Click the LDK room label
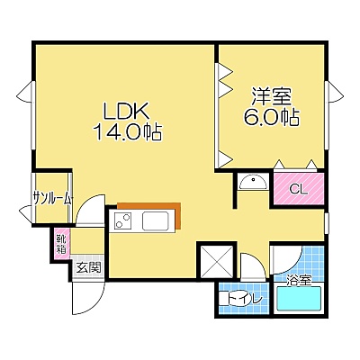(x=126, y=111)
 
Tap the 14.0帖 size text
(x=128, y=132)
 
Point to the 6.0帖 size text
(x=272, y=117)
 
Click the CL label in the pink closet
(x=299, y=189)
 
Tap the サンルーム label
(x=52, y=198)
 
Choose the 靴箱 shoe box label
(x=61, y=243)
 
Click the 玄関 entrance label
(x=87, y=267)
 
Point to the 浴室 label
(x=298, y=281)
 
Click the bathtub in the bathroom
(x=299, y=299)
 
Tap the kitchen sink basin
(x=156, y=220)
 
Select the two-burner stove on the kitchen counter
(x=123, y=220)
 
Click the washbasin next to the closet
(x=253, y=183)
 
